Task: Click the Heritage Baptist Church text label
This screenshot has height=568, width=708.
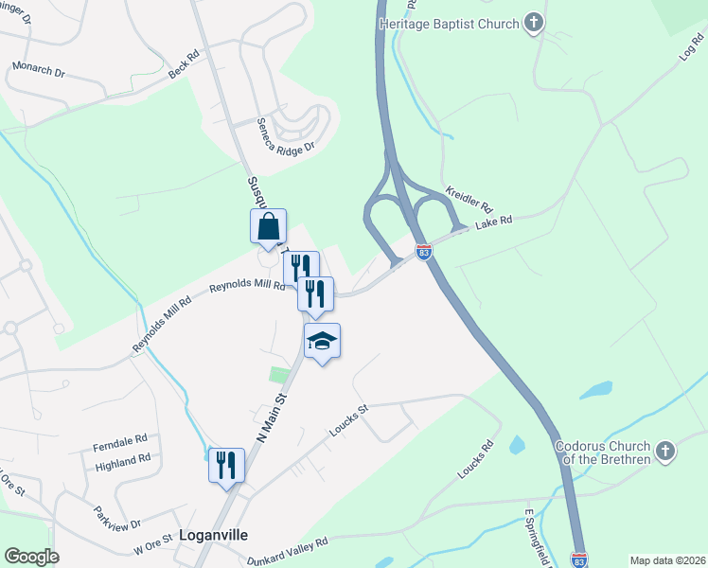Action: (449, 24)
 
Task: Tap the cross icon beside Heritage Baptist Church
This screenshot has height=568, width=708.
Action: (535, 23)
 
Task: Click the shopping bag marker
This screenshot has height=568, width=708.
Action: (269, 227)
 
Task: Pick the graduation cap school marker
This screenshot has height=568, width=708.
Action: (322, 342)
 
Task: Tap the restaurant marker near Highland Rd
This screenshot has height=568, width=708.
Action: (226, 465)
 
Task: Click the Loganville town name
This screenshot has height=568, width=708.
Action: (213, 535)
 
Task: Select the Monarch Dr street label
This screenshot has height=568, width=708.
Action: (37, 69)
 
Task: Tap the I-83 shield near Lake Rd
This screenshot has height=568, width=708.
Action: (423, 252)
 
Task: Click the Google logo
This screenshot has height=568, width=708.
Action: (31, 557)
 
